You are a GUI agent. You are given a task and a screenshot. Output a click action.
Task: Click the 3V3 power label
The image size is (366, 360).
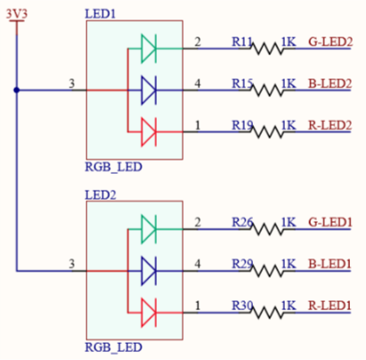point(17,14)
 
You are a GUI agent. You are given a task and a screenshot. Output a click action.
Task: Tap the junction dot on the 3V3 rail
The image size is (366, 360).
point(17,90)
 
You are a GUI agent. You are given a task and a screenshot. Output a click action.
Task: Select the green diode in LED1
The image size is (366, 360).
point(149,48)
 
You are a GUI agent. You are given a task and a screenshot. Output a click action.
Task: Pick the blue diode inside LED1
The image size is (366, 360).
point(149,90)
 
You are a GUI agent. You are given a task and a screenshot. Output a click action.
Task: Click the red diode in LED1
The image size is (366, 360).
point(149,132)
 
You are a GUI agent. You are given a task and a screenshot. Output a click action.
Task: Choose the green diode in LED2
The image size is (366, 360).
point(149,229)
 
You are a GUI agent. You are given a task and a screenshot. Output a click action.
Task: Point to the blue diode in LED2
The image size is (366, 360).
point(149,271)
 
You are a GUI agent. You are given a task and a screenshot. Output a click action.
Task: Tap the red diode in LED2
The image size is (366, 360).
point(149,313)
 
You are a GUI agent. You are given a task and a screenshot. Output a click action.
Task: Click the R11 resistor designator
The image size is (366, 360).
point(242,42)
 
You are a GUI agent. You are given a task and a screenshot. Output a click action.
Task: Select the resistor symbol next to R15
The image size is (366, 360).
point(267,90)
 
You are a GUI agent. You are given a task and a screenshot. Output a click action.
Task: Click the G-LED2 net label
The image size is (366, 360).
point(330,42)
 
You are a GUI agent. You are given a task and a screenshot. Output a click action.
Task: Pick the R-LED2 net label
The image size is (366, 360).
point(330,126)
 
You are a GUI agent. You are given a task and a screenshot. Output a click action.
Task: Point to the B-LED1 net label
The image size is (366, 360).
point(330,264)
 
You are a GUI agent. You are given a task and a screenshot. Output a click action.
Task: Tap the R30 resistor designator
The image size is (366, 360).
point(242,306)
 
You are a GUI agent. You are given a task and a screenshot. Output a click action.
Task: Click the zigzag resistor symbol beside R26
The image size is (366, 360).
point(267,229)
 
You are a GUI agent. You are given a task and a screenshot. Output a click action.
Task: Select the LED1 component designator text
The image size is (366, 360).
point(100,14)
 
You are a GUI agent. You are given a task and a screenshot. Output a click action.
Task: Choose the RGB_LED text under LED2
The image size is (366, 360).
point(113,348)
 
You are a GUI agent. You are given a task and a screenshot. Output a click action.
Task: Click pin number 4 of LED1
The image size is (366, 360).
point(198,84)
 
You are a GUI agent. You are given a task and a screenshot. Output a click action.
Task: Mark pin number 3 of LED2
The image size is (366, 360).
point(71,264)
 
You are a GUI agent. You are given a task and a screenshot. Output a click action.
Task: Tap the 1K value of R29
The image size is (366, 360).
point(289,264)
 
